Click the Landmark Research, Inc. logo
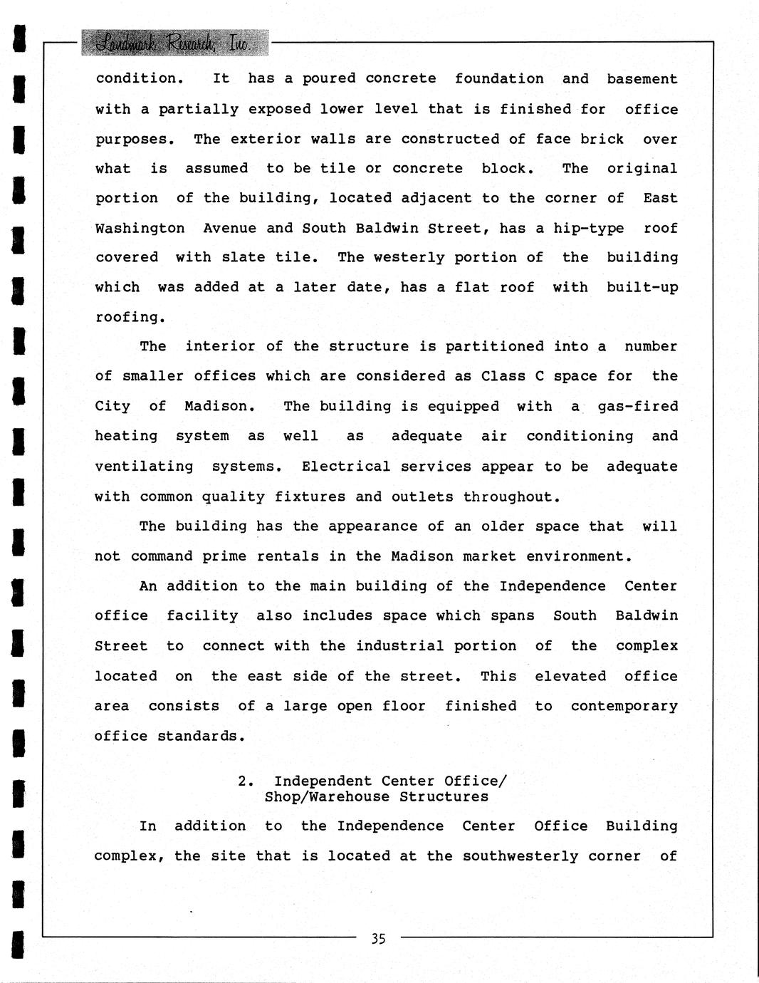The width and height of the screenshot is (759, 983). (x=175, y=44)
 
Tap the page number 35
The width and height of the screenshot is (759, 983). (x=378, y=939)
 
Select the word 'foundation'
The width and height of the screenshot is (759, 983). (x=499, y=79)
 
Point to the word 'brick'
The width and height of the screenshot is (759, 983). (x=602, y=139)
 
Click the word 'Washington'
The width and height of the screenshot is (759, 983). (x=140, y=229)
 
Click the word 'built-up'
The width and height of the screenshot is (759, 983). (x=642, y=288)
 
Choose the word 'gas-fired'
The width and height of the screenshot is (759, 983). (x=637, y=407)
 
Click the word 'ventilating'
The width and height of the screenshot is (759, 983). (x=144, y=467)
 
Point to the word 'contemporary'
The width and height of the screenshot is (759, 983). (x=624, y=706)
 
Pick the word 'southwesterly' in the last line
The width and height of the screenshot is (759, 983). (x=520, y=856)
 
